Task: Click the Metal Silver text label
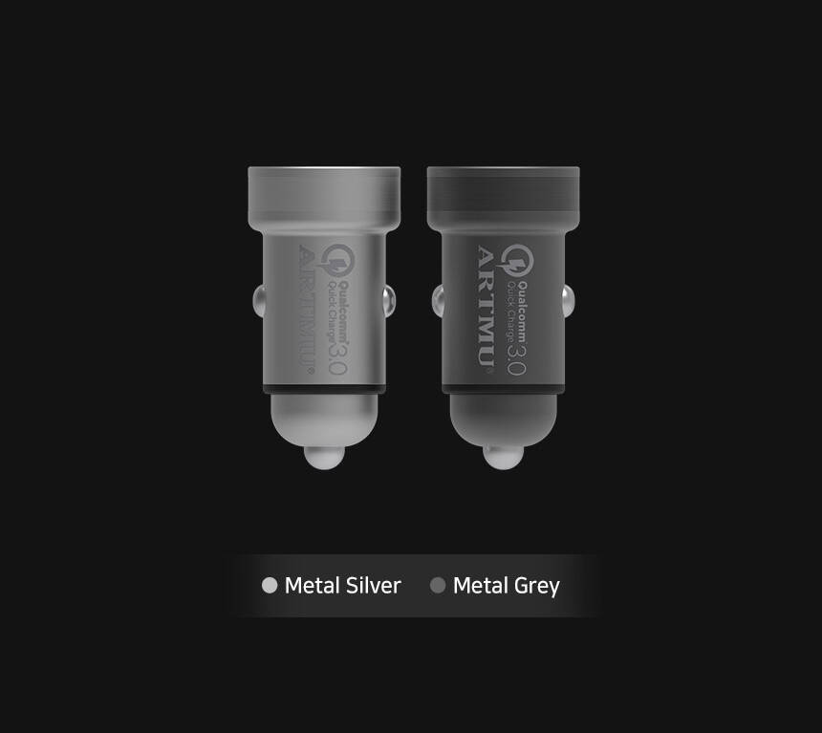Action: pos(342,585)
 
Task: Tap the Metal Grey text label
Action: pos(507,586)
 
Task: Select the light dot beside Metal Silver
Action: pos(270,585)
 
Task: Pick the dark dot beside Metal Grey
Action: pos(438,585)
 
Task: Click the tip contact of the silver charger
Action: pos(325,457)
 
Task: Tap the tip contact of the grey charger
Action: pos(504,457)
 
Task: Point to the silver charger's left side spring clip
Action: pos(259,301)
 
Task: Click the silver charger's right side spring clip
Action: pos(389,301)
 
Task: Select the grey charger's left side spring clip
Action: pos(439,301)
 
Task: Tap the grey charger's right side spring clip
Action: pos(569,301)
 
